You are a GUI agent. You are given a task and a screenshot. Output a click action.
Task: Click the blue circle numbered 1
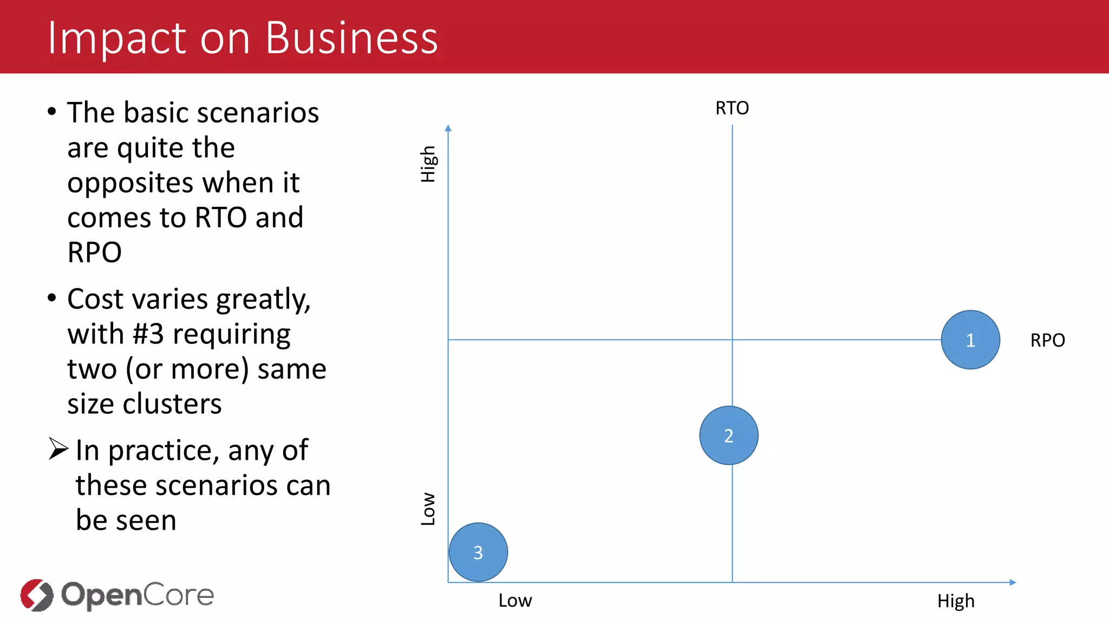tap(970, 340)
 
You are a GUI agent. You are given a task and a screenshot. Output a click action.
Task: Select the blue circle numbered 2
tap(729, 435)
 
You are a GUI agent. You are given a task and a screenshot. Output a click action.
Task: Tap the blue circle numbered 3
tap(478, 552)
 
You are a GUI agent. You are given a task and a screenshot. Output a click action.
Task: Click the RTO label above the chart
tap(732, 108)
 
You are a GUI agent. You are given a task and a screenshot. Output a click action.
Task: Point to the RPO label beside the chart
tap(1047, 341)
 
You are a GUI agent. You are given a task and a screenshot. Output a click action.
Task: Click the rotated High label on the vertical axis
tap(428, 164)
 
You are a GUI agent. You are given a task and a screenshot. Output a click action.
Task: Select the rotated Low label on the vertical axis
tap(428, 509)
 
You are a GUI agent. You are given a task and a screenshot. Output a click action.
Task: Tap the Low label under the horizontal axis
tap(515, 601)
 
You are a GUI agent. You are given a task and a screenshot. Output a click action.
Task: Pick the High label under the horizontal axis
tap(956, 601)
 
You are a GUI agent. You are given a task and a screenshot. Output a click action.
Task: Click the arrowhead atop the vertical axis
tap(448, 128)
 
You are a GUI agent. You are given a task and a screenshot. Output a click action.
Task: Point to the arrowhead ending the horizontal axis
tap(1013, 582)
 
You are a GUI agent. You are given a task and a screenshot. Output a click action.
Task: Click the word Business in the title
tap(351, 38)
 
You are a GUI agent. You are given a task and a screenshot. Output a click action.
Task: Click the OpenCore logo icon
tap(37, 595)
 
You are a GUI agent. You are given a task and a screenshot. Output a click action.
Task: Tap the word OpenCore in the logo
tap(138, 595)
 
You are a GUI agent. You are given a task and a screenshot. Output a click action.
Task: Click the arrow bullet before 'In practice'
tap(58, 448)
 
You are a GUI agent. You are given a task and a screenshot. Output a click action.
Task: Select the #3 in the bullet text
tap(148, 334)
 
